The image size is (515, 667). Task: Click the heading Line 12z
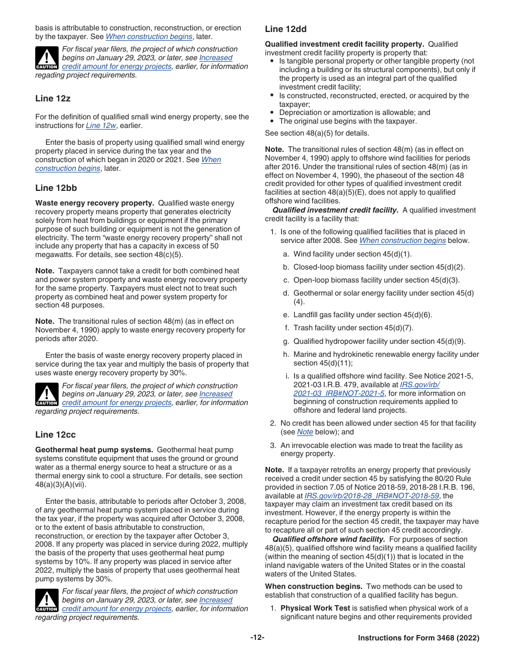pos(53,99)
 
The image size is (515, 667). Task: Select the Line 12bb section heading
pos(56,188)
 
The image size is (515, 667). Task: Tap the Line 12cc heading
pos(55,435)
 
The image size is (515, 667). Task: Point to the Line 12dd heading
pos(286,29)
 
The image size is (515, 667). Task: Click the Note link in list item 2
pos(305,432)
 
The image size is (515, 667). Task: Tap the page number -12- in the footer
pos(257,638)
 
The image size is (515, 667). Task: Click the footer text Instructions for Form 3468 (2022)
pos(419,638)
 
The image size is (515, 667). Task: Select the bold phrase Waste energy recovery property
pos(95,203)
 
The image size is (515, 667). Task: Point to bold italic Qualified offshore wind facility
pos(329,539)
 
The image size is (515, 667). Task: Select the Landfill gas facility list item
pos(355,315)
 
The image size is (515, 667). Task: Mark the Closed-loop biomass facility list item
pos(379,267)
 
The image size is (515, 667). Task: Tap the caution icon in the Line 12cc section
pos(47,600)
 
